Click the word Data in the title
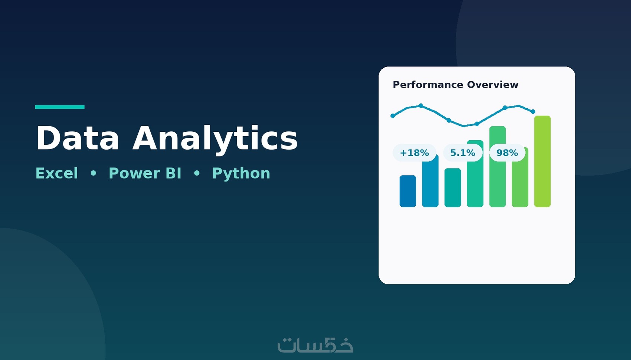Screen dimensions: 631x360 tap(78, 138)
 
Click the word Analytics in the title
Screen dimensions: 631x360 tap(215, 140)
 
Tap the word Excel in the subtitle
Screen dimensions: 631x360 tap(57, 173)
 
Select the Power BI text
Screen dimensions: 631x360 tap(145, 173)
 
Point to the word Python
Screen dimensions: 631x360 tap(241, 174)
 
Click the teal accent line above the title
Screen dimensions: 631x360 tap(60, 107)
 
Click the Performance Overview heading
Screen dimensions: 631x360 tap(455, 85)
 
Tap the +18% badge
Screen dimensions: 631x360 tap(414, 153)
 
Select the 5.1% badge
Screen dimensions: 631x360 tap(462, 153)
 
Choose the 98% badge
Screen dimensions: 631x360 tap(507, 153)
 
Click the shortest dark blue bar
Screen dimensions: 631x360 tap(408, 191)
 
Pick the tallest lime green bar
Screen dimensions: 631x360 tap(542, 161)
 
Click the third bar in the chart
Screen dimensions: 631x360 tap(453, 188)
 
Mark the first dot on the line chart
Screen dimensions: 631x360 tap(393, 116)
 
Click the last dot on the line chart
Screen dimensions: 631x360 tap(533, 112)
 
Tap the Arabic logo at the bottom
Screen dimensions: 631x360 tap(315, 345)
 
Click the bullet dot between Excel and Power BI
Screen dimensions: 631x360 tap(93, 173)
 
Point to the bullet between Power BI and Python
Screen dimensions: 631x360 tap(197, 173)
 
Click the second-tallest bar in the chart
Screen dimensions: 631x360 tap(497, 167)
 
